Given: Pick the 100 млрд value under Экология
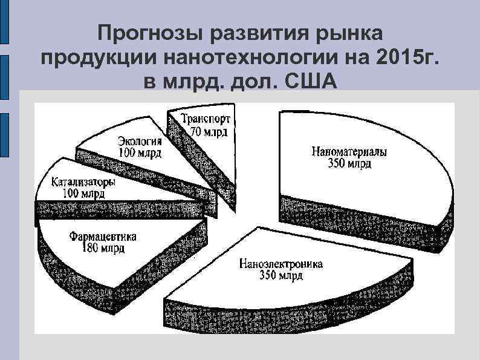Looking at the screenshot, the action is [140, 153].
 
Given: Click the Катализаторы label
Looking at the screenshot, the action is [83, 183].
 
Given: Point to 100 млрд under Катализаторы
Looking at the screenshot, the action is [84, 194].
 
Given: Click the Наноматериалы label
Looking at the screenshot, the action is [349, 152].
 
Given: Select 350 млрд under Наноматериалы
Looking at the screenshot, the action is [349, 164].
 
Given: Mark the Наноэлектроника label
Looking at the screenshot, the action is [281, 264].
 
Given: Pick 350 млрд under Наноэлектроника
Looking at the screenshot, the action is [281, 276].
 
